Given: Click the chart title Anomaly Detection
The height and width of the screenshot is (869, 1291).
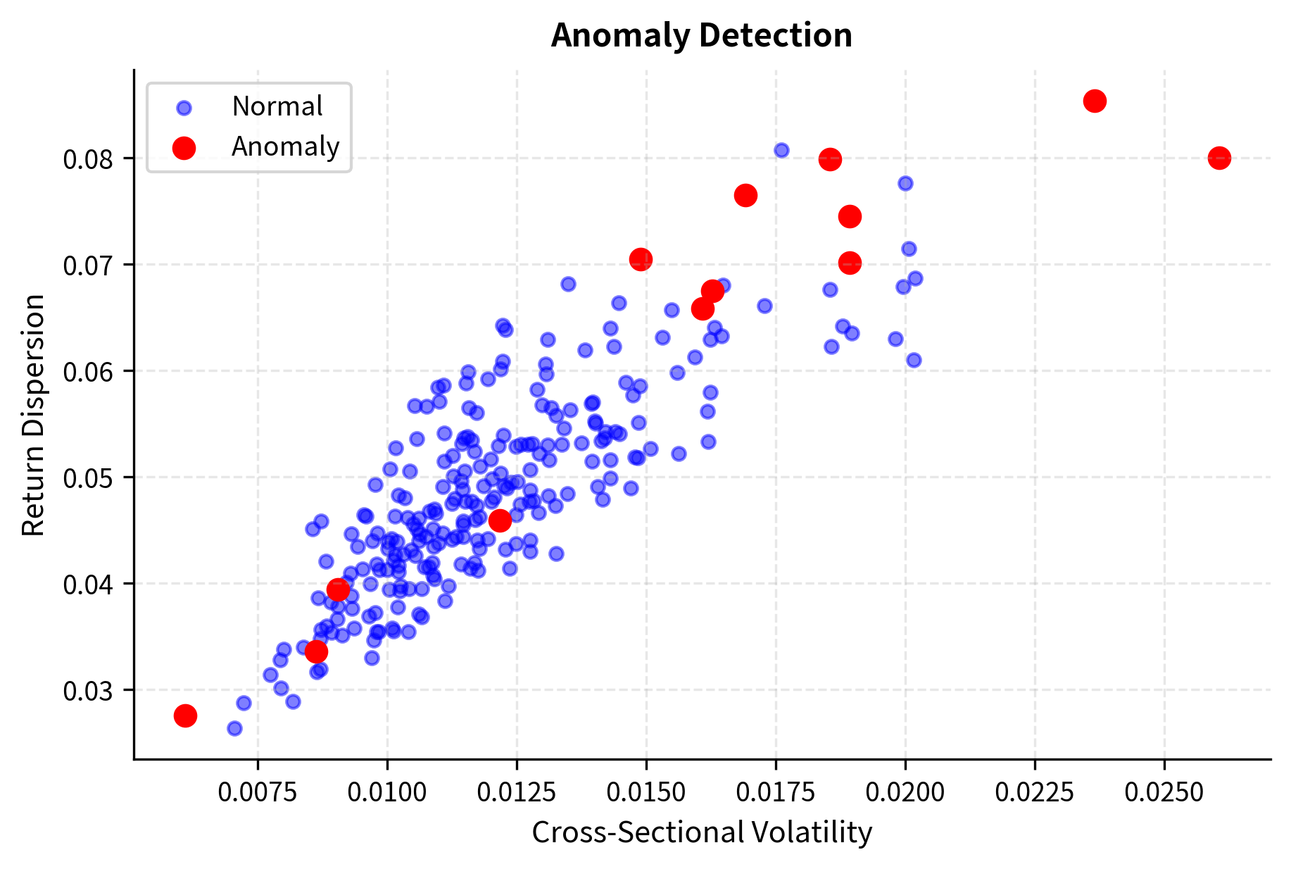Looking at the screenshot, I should pos(701,35).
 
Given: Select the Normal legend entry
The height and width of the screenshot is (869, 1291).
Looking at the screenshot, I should pos(277,107).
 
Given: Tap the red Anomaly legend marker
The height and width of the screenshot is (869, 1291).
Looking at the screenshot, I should pos(184,147).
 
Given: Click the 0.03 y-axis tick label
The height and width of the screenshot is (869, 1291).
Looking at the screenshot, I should pos(88,691).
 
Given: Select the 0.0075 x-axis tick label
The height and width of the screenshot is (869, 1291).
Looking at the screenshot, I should pos(258,792).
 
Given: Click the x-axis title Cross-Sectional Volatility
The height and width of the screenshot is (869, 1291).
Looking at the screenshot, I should pos(702,832).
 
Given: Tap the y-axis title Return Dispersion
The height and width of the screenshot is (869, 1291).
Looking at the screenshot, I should pos(33,415).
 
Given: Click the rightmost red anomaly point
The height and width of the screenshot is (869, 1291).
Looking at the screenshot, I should pos(1219,158).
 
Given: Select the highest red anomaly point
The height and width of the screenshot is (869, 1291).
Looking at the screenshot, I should pos(1095,101).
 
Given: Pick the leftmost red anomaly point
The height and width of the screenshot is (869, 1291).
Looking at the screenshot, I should pos(185,715).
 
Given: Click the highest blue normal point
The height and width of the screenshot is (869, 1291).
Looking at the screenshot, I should pos(781,150).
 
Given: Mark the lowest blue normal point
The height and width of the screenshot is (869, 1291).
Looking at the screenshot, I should pos(234,728).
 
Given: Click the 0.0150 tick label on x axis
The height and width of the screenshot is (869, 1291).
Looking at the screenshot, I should pos(645,792).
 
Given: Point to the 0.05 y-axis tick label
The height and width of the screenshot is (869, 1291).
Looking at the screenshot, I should pos(88,478).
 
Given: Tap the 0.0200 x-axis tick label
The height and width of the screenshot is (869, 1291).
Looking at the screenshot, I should pos(905,792).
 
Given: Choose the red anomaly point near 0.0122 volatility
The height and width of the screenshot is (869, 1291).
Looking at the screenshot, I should pos(500,521).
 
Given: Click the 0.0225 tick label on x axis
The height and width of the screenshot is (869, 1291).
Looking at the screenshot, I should pos(1034,792).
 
